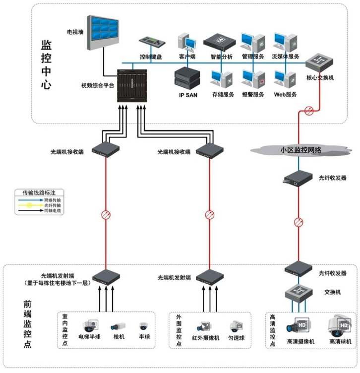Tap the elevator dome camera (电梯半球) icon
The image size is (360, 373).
(x=90, y=325)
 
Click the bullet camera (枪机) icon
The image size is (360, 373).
(x=117, y=326)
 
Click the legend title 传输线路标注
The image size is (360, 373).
(x=39, y=192)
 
